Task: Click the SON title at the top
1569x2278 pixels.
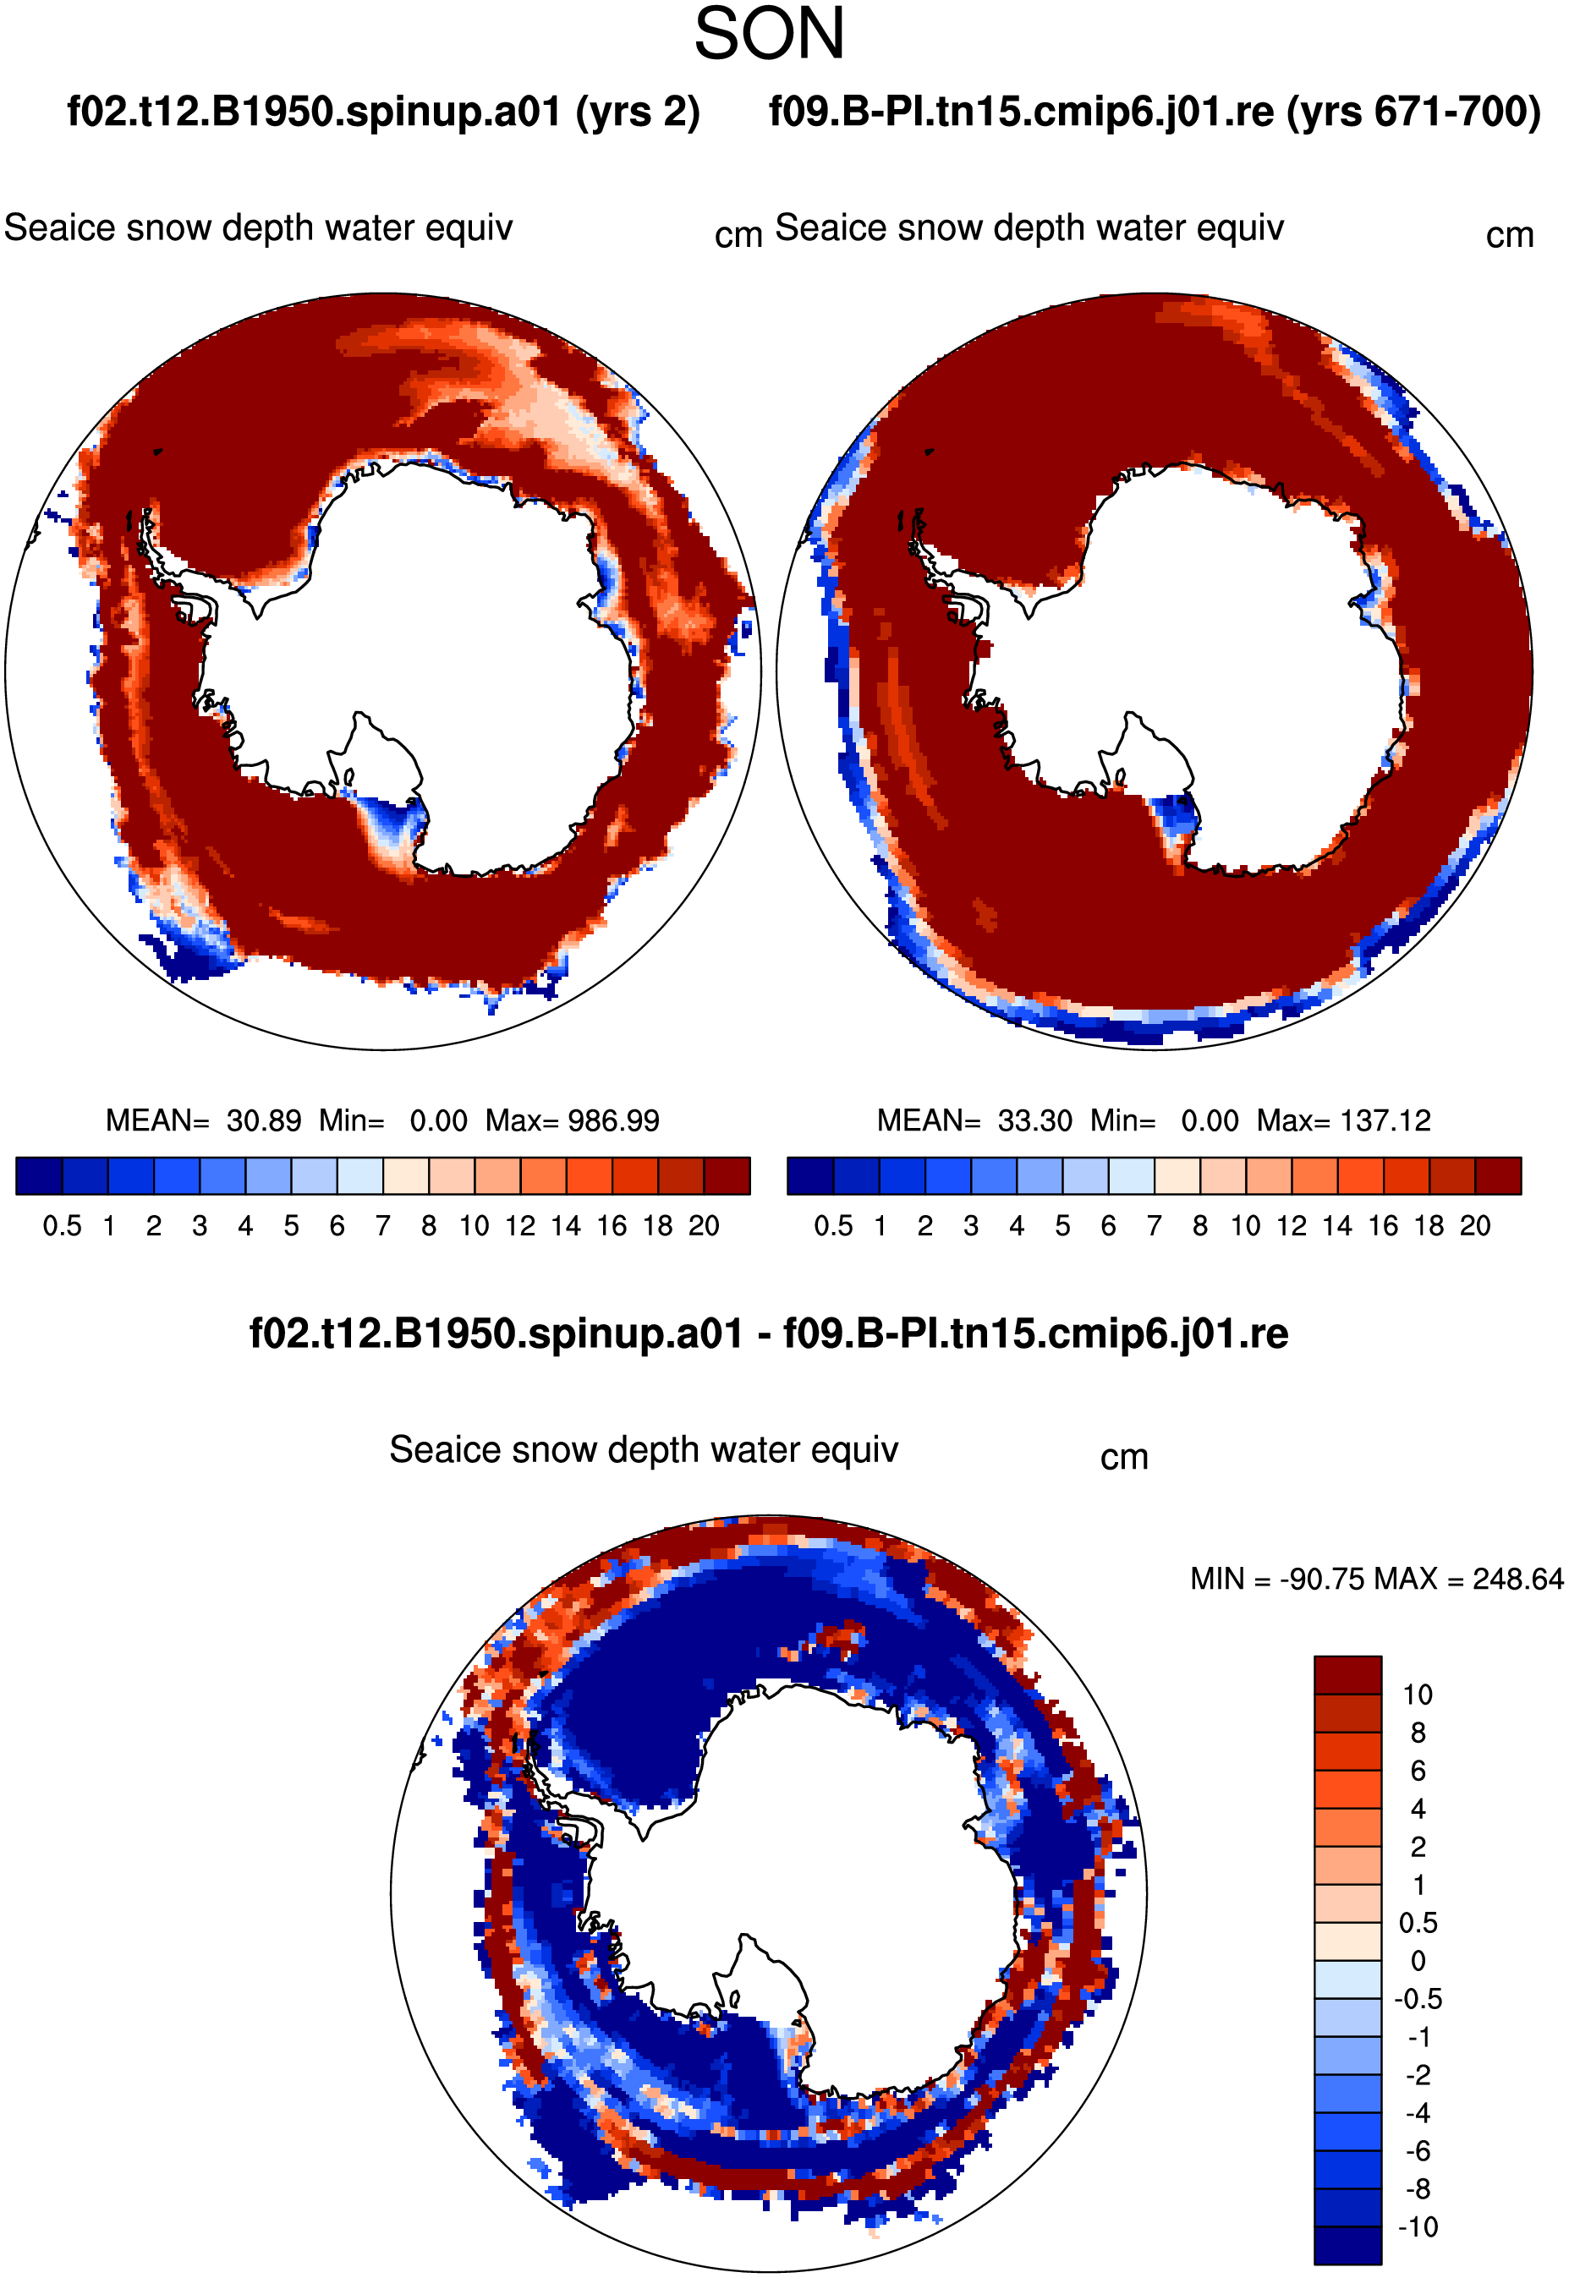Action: pyautogui.click(x=769, y=34)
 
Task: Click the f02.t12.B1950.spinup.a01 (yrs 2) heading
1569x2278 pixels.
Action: pyautogui.click(x=383, y=112)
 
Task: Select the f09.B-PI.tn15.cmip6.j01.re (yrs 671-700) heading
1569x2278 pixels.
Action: pyautogui.click(x=1155, y=112)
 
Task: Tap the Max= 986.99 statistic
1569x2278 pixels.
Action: pyautogui.click(x=572, y=1120)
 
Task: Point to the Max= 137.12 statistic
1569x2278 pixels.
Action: pyautogui.click(x=1344, y=1120)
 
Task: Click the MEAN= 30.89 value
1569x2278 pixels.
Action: pyautogui.click(x=204, y=1120)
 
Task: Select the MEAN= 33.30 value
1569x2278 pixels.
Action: pyautogui.click(x=974, y=1120)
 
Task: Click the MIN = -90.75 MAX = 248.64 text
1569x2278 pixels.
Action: pyautogui.click(x=1376, y=1579)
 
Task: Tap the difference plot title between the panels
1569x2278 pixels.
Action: pyautogui.click(x=769, y=1333)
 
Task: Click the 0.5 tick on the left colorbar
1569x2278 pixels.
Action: pyautogui.click(x=62, y=1225)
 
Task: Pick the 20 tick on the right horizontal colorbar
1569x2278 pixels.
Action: pyautogui.click(x=1474, y=1225)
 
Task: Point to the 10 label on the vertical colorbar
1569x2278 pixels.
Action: pyautogui.click(x=1418, y=1695)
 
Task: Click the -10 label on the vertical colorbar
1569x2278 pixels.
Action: pyautogui.click(x=1418, y=2227)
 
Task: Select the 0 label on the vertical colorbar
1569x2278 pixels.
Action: pyautogui.click(x=1418, y=1961)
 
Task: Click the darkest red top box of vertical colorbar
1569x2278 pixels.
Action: pyautogui.click(x=1347, y=1674)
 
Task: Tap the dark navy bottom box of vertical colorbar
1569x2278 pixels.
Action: pyautogui.click(x=1347, y=2246)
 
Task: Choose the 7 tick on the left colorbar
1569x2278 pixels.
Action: pyautogui.click(x=382, y=1225)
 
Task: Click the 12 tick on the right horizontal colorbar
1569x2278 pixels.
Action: pyautogui.click(x=1292, y=1225)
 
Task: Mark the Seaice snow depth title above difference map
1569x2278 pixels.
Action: pyautogui.click(x=644, y=1449)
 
